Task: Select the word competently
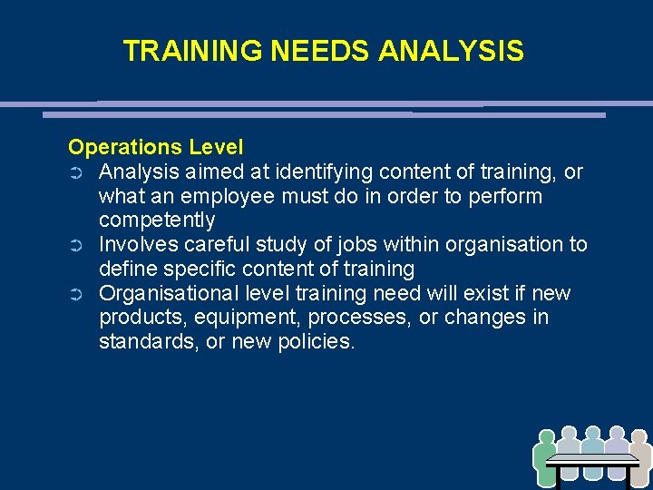pos(157,220)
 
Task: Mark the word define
pos(126,269)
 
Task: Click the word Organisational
pos(168,294)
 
